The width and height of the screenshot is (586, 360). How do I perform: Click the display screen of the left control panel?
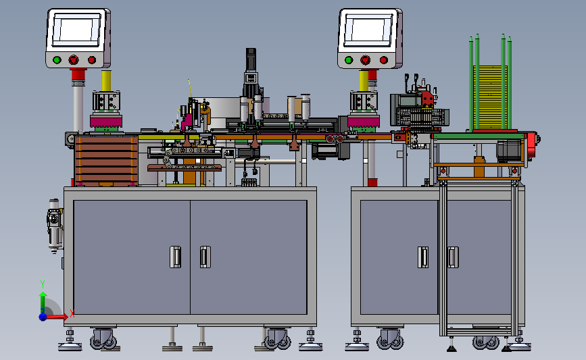tap(77, 30)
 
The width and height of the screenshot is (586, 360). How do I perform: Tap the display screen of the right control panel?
tap(368, 30)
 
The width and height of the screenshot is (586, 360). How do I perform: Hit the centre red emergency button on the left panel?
tap(74, 59)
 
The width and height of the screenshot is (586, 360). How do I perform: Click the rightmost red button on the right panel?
tap(383, 59)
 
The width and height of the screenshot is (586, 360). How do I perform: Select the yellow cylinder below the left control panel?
tap(106, 80)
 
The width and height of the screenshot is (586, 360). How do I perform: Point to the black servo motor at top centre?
tap(251, 59)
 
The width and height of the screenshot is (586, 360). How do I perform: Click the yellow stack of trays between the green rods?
tap(490, 97)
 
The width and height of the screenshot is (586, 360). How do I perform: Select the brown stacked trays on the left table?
tap(106, 161)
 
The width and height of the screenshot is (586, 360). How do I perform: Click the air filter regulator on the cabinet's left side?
tap(55, 226)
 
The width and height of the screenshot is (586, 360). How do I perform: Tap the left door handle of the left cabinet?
tap(175, 257)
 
